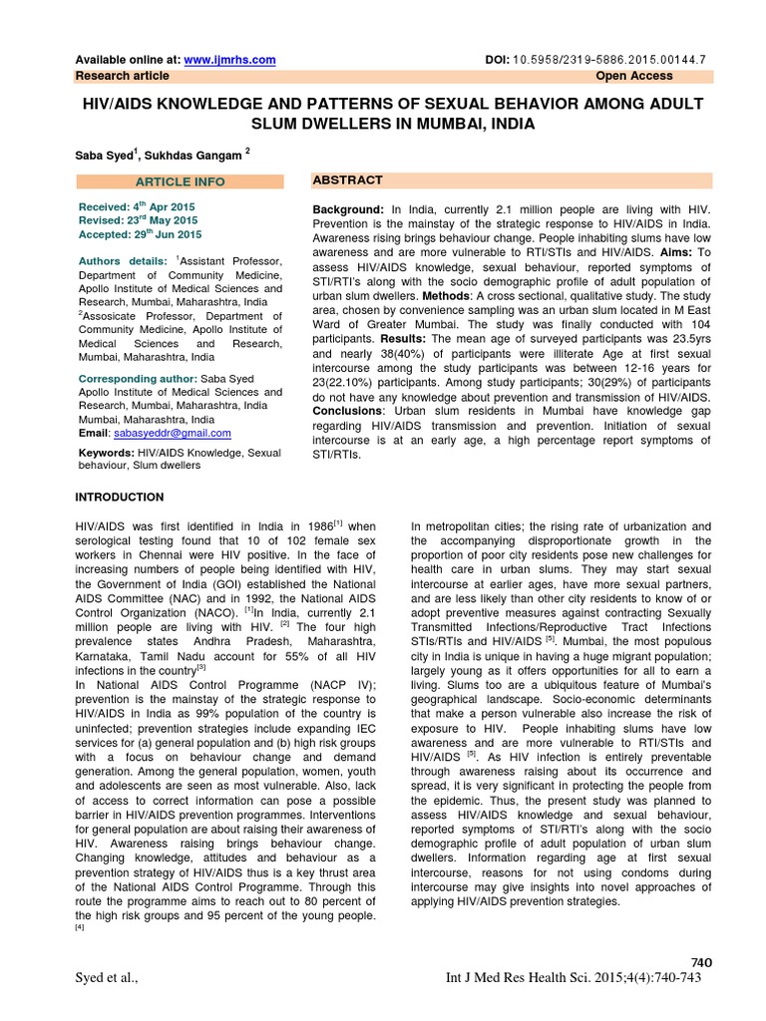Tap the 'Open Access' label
(634, 76)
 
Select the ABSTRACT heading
(347, 179)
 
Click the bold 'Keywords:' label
(107, 452)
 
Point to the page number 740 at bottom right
(702, 961)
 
